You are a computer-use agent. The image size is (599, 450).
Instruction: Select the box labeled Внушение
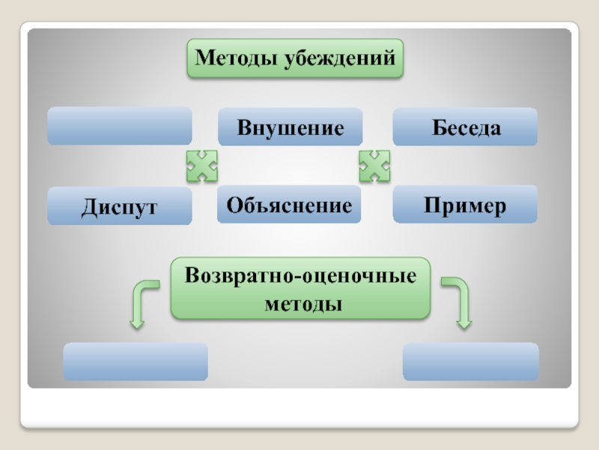(x=291, y=127)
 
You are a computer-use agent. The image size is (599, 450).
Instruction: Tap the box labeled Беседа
(x=465, y=127)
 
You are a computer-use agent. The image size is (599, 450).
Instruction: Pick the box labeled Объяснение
(x=289, y=205)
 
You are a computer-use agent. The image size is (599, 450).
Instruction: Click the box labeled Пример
(x=465, y=205)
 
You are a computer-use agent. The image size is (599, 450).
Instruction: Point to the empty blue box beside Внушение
(x=120, y=126)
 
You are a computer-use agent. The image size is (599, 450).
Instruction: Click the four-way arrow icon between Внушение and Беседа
(x=374, y=165)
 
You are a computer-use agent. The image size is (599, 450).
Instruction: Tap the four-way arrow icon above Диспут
(x=201, y=165)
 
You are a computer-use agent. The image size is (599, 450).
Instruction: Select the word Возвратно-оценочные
(x=301, y=275)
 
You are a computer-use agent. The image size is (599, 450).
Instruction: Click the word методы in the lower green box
(x=301, y=304)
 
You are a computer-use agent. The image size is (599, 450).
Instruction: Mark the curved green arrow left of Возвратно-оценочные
(x=142, y=303)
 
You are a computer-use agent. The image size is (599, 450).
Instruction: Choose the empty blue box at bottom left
(x=136, y=361)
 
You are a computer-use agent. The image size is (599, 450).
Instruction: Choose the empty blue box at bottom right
(x=470, y=361)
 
